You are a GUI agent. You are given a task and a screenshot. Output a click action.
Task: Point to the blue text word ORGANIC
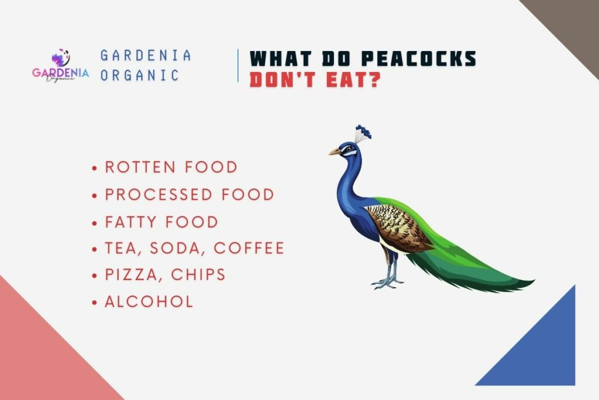[x=139, y=76]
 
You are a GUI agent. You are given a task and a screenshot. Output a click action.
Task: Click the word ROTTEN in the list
[x=140, y=167]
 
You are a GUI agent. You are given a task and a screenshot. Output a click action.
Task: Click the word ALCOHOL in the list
[x=149, y=302]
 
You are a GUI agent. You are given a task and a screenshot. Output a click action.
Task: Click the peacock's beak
[x=334, y=152]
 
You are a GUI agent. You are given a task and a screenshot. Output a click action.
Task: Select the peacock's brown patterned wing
[x=398, y=225]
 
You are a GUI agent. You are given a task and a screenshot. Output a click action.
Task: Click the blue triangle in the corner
[x=541, y=351]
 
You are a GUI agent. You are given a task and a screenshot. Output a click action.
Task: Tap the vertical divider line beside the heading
[x=238, y=66]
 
